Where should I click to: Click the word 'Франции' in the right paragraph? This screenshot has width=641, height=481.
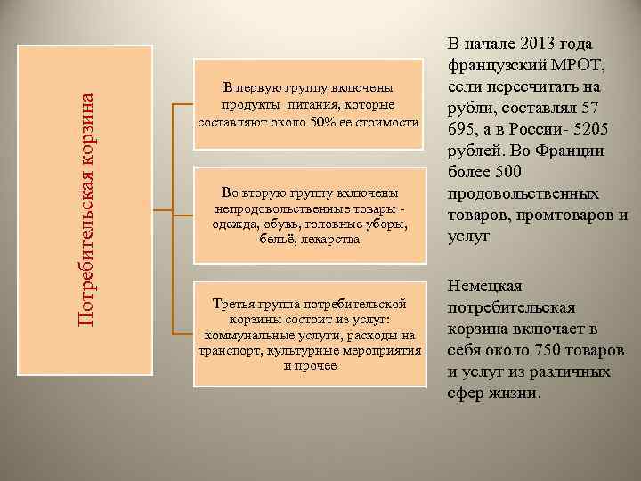point(569,151)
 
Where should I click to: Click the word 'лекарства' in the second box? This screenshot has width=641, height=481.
point(331,240)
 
